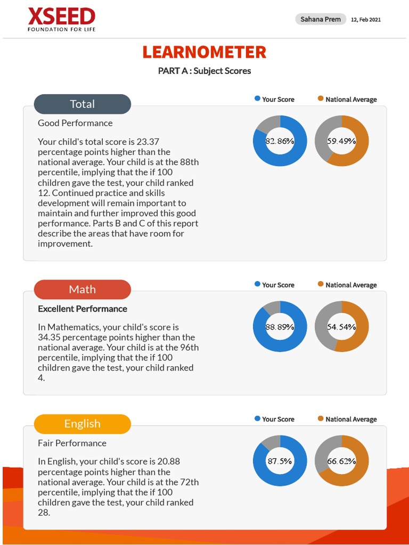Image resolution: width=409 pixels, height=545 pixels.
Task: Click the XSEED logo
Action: coord(61,20)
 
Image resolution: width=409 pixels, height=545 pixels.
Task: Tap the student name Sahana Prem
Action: coord(321,19)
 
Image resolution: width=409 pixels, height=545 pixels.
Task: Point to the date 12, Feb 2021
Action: coord(366,20)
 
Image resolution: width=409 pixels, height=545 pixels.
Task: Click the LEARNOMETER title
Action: coord(204,52)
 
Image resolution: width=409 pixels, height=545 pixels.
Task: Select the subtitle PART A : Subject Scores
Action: coord(204,71)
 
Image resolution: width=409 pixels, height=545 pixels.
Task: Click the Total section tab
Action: coord(83,104)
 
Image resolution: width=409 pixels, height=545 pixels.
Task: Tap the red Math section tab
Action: coord(83,290)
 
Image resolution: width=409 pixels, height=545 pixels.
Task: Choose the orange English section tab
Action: coord(83,424)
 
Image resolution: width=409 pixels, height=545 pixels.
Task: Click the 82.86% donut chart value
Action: coord(280,141)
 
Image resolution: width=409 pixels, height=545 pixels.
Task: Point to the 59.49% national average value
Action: coord(341,141)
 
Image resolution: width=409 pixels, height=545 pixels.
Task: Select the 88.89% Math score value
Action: coord(280,327)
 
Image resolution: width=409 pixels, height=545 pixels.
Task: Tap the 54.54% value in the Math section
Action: coord(341,327)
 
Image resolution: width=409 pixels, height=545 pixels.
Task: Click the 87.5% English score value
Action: coord(280,461)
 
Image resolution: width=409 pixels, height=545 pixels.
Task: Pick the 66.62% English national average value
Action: coord(341,461)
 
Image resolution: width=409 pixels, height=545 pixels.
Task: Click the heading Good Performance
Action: coord(75,123)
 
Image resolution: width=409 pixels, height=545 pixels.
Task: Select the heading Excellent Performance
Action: coord(83,309)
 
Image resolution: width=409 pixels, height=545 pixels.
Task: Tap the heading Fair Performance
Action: coord(72,443)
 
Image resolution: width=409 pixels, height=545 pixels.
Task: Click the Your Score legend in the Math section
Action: coord(274,285)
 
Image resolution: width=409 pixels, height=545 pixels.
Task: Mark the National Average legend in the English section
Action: coord(347,419)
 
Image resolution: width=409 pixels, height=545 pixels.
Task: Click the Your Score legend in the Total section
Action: coord(274,100)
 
